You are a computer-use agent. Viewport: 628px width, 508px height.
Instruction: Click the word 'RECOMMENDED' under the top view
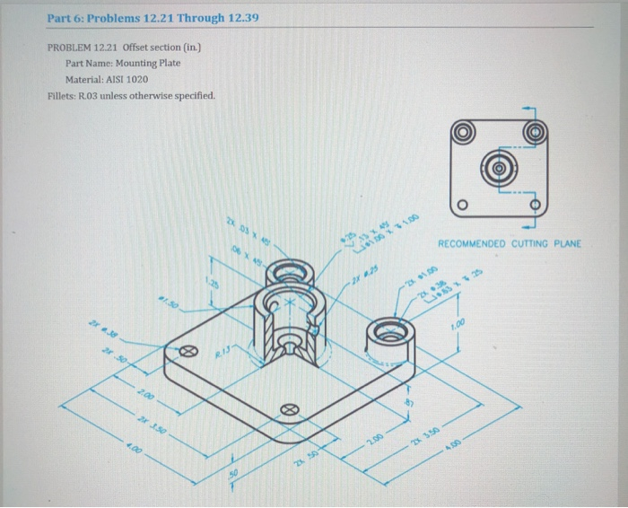pos(469,242)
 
